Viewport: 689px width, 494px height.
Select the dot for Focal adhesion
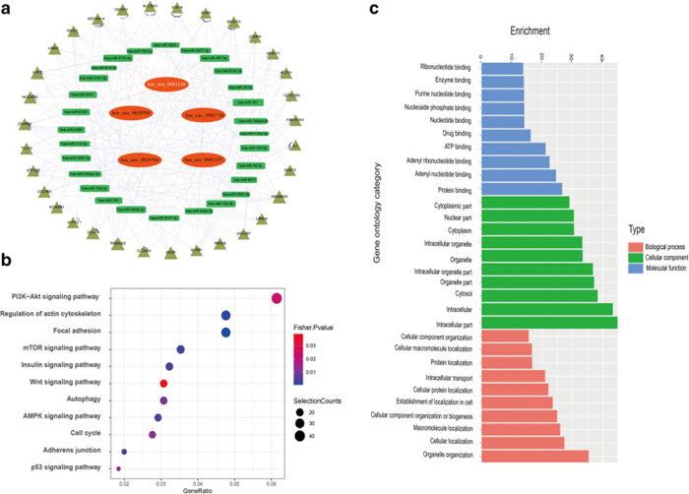point(226,333)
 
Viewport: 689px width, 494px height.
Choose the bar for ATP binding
point(513,149)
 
